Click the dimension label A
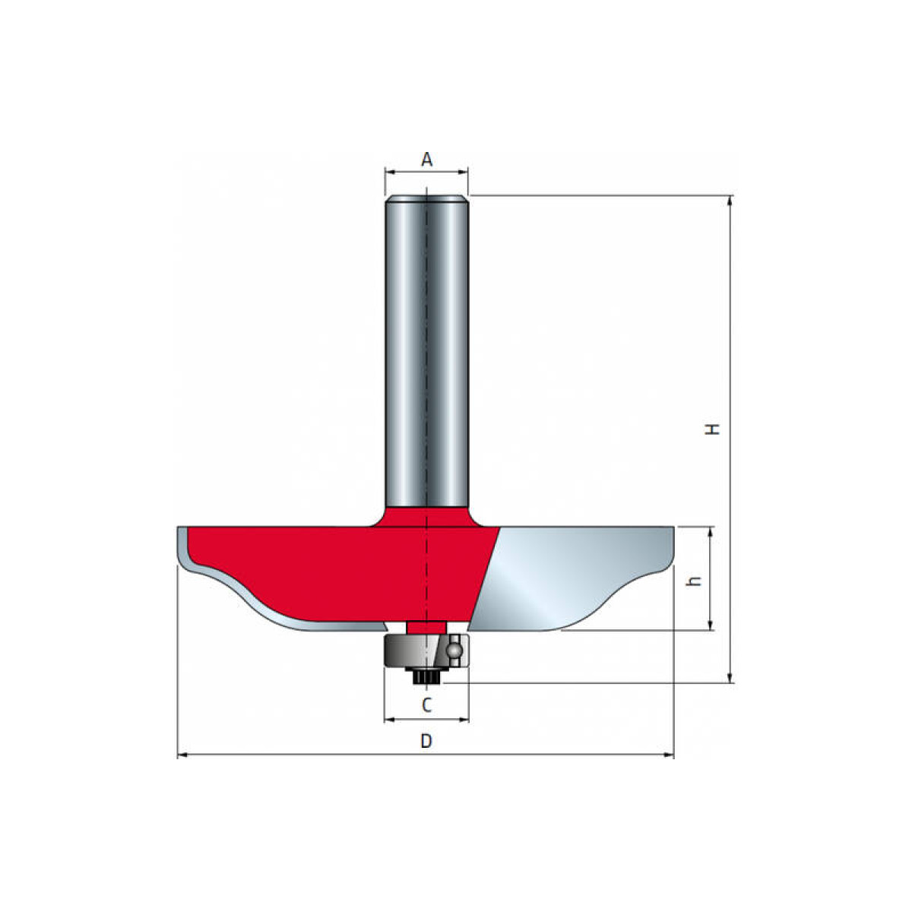click(426, 160)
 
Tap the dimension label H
click(713, 429)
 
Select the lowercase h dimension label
click(695, 581)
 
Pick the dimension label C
click(426, 705)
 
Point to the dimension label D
click(426, 741)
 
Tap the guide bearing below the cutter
click(426, 651)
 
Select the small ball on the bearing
click(455, 650)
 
